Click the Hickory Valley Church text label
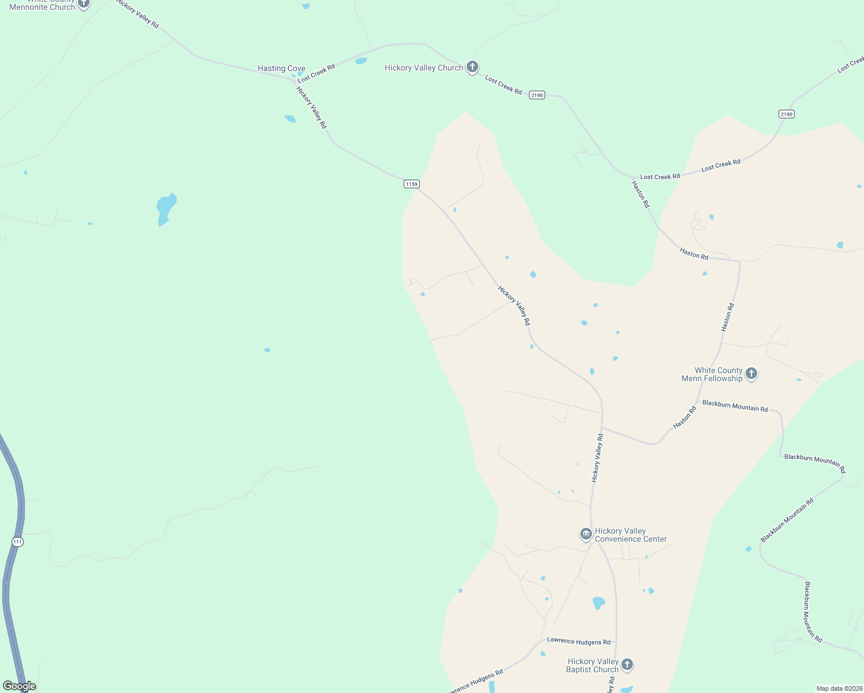(x=423, y=68)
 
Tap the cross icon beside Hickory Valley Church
(x=472, y=67)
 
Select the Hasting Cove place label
(x=281, y=68)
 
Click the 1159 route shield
(x=411, y=184)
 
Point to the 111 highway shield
(x=17, y=542)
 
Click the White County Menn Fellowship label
(x=712, y=374)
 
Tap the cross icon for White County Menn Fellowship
(x=751, y=374)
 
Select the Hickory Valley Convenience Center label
(x=631, y=535)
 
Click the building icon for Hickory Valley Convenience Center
(x=586, y=534)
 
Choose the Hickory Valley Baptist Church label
(x=593, y=665)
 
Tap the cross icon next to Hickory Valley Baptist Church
(x=627, y=665)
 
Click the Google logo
(x=20, y=686)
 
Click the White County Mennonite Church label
(x=42, y=5)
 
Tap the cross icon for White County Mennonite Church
(x=84, y=3)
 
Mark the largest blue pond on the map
(x=166, y=208)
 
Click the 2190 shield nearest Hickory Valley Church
(x=537, y=95)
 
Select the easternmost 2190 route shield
(x=786, y=114)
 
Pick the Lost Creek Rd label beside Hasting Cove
(x=316, y=73)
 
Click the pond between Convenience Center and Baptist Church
(x=598, y=603)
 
